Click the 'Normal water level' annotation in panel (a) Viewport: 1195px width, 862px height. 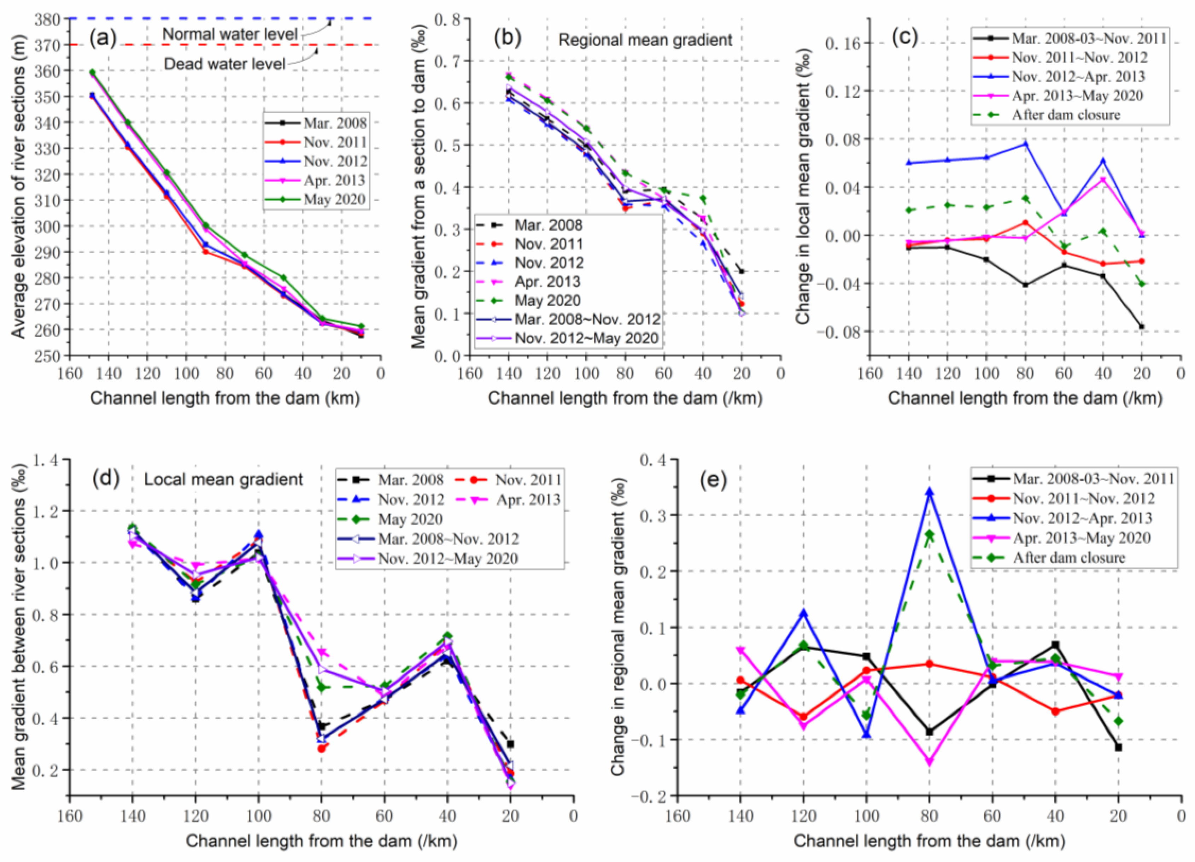point(230,35)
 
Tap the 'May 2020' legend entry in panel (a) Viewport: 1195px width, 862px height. point(334,200)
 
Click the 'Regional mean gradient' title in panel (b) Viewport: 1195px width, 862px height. point(645,40)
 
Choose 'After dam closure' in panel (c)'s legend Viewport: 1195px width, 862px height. point(1065,115)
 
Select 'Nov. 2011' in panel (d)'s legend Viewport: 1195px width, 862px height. point(527,480)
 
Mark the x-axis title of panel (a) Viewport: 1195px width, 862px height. point(225,398)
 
